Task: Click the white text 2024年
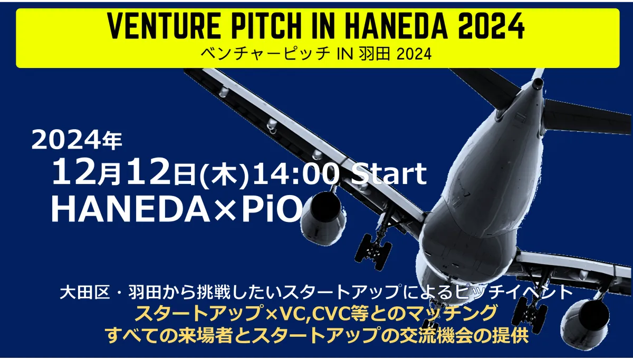click(76, 140)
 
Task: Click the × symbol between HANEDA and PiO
click(225, 210)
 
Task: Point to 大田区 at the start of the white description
click(85, 293)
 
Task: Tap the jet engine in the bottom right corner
click(585, 327)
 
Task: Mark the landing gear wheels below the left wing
click(373, 251)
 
